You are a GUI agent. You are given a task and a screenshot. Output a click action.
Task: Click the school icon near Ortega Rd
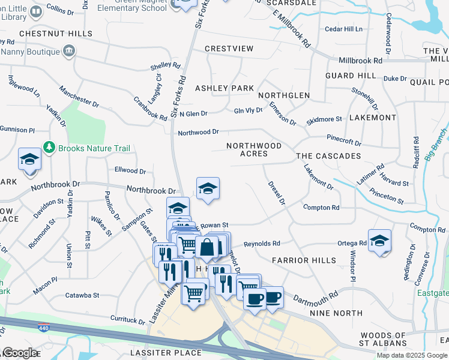(379, 241)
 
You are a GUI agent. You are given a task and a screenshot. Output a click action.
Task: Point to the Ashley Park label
(224, 88)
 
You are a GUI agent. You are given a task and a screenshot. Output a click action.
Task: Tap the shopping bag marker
(206, 247)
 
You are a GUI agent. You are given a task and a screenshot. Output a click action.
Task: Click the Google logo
(19, 353)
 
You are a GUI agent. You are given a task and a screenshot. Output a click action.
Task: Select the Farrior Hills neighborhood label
(304, 260)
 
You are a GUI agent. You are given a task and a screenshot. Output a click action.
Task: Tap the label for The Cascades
(328, 156)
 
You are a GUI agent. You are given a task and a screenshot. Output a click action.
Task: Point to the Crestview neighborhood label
(229, 48)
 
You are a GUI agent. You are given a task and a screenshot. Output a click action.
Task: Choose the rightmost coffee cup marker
(273, 298)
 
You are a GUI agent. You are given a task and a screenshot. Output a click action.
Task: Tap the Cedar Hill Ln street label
(344, 29)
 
